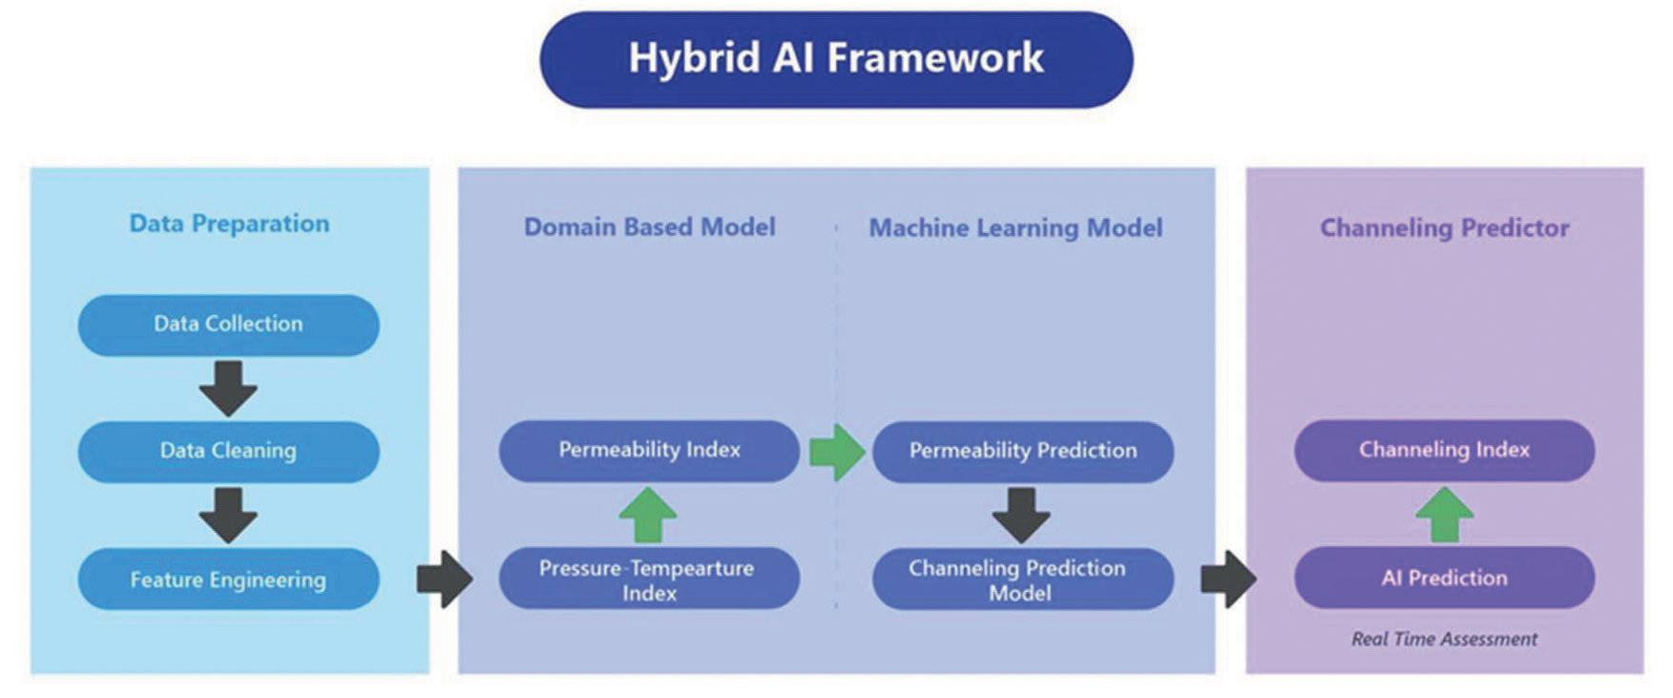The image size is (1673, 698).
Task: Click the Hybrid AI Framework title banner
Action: point(836,59)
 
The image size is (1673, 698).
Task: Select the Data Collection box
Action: point(228,325)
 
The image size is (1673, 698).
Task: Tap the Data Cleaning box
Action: point(228,451)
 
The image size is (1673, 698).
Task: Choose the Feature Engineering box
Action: point(228,579)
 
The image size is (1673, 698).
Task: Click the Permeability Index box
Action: point(649,450)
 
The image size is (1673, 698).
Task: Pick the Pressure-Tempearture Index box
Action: point(649,579)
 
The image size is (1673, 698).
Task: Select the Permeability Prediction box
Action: point(1022,451)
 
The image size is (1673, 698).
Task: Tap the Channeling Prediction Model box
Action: point(1022,579)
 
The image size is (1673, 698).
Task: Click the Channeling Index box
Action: point(1444,450)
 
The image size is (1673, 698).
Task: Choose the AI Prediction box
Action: point(1444,578)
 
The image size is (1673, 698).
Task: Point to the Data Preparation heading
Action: point(229,223)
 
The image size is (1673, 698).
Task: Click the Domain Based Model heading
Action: point(649,227)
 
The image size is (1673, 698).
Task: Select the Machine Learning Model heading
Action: point(1015,228)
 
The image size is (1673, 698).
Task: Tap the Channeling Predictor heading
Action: point(1444,228)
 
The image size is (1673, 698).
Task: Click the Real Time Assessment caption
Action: point(1444,639)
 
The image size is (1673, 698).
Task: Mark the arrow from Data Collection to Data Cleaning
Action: point(228,388)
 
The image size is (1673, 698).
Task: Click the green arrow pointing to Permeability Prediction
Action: point(836,452)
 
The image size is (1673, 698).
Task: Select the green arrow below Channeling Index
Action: point(1444,515)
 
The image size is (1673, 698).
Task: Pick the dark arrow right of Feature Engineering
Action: point(445,579)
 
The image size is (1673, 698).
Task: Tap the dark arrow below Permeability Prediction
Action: point(1021,515)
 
